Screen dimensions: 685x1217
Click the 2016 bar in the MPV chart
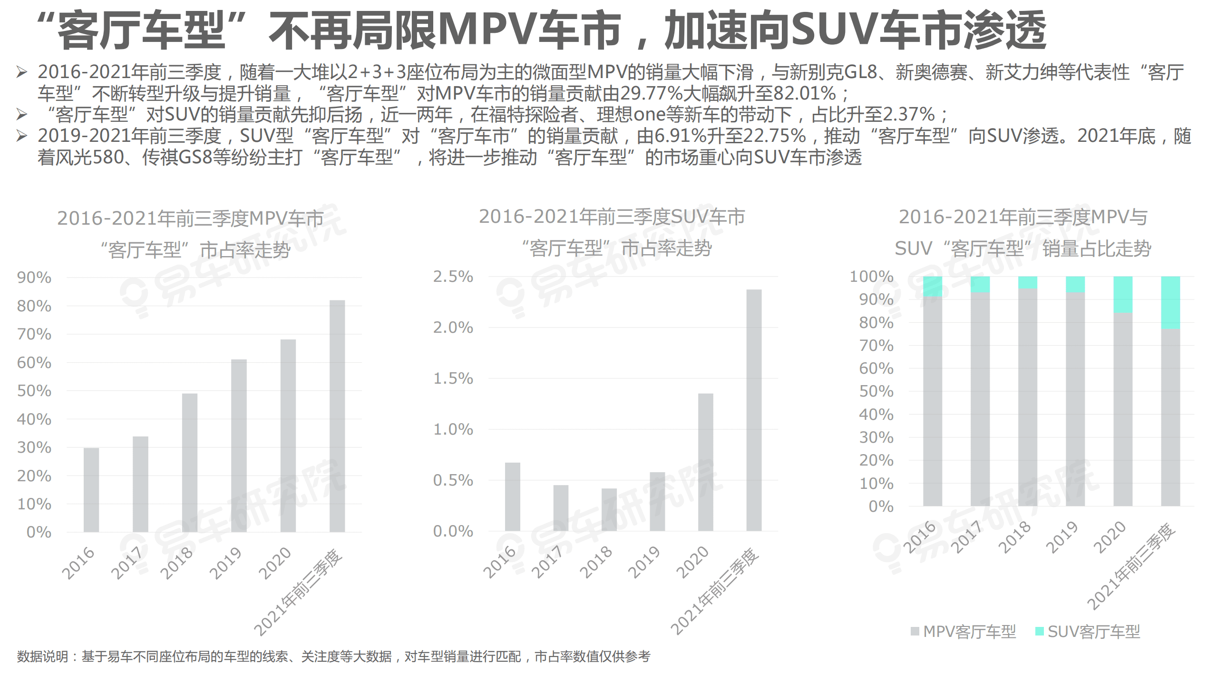click(91, 490)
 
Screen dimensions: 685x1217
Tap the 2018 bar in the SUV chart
click(609, 509)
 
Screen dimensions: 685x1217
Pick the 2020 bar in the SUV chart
click(705, 462)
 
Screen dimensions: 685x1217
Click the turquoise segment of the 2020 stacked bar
click(1123, 295)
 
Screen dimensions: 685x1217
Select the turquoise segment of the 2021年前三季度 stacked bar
click(1170, 303)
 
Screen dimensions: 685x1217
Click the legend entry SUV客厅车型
click(1089, 632)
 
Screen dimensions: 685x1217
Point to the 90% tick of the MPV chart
click(34, 278)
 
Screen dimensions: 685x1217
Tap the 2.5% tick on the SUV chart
click(453, 277)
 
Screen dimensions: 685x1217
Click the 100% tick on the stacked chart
click(871, 277)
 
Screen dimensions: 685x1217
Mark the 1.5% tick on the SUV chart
click(453, 378)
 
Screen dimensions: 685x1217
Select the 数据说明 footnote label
click(42, 656)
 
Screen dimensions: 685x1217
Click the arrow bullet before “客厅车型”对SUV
click(22, 114)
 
